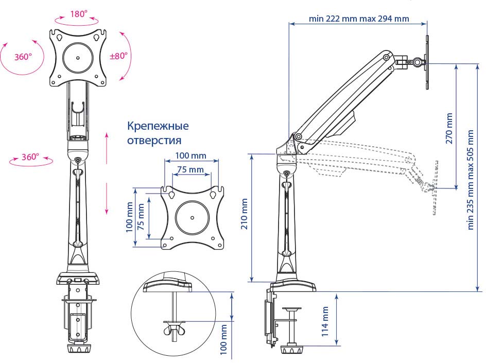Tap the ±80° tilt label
[118, 56]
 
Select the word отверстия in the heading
[154, 140]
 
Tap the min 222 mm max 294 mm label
[359, 19]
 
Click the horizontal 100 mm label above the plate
[190, 155]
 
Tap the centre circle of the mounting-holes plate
[192, 217]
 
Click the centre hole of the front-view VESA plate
[78, 58]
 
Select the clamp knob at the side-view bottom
[292, 350]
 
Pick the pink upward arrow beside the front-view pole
[107, 147]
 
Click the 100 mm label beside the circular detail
[224, 340]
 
